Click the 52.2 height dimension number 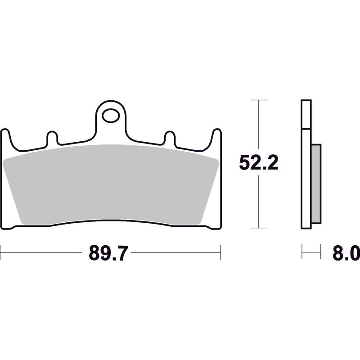[258, 162]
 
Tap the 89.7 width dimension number [108, 253]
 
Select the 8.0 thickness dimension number [346, 253]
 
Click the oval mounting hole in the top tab [111, 116]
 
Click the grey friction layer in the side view [316, 184]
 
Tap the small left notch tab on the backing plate [52, 138]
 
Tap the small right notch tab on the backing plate [170, 138]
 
